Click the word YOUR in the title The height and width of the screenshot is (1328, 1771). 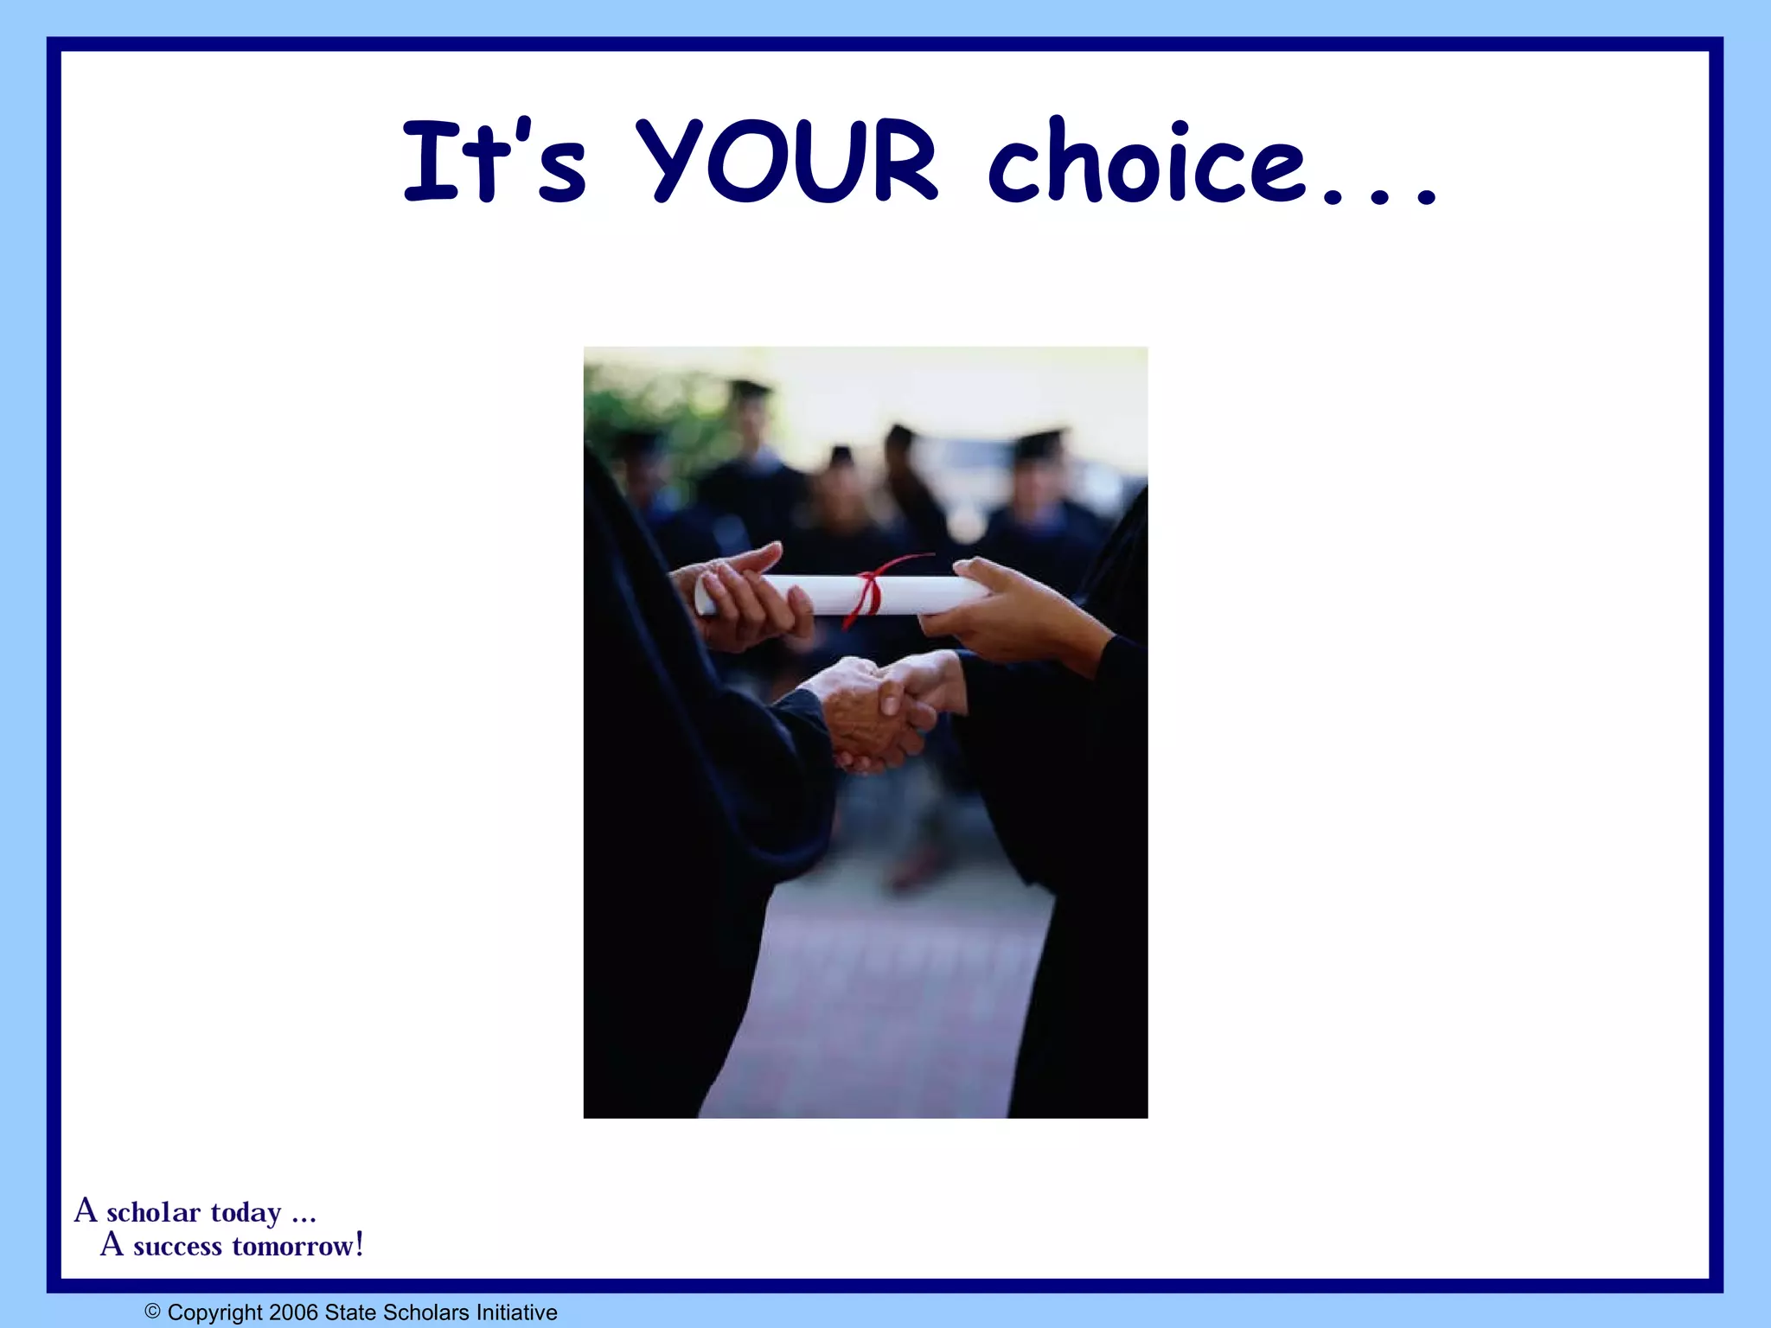pos(787,162)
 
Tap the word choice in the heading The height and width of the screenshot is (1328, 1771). pos(1146,162)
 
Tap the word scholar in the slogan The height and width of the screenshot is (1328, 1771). pos(153,1212)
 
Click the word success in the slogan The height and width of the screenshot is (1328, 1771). pos(177,1246)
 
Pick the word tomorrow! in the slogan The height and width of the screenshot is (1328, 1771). pos(297,1246)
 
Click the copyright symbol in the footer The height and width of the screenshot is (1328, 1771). pos(153,1312)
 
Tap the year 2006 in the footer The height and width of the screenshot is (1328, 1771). pos(293,1312)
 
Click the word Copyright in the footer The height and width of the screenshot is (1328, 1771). pos(215,1312)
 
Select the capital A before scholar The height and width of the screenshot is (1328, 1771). pos(85,1210)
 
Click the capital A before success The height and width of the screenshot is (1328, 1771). pos(112,1244)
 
